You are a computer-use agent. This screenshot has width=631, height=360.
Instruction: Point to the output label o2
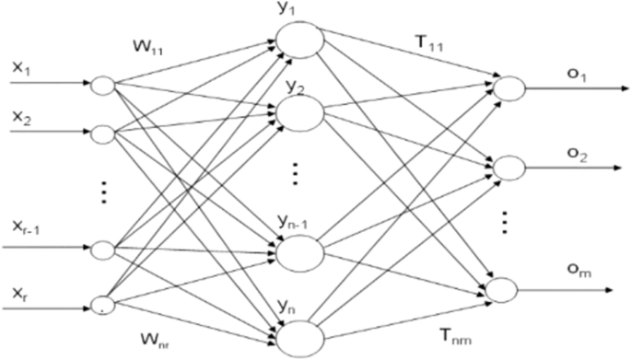pyautogui.click(x=575, y=156)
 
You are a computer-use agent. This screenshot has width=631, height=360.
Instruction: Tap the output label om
pyautogui.click(x=576, y=270)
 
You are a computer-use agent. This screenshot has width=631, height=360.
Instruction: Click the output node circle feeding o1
pyautogui.click(x=507, y=87)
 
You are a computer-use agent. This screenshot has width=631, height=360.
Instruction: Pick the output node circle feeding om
pyautogui.click(x=507, y=289)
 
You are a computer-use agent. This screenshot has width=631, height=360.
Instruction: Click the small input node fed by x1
pyautogui.click(x=101, y=86)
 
